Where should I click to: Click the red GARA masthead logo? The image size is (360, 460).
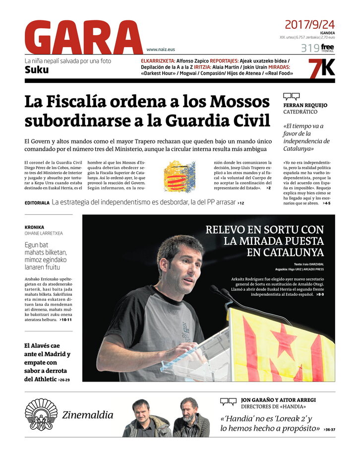pyautogui.click(x=83, y=38)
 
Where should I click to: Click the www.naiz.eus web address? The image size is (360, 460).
pyautogui.click(x=161, y=50)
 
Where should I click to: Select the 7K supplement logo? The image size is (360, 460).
pyautogui.click(x=321, y=67)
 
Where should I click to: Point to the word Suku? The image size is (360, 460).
pyautogui.click(x=37, y=70)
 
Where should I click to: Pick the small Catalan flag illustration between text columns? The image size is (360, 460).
pyautogui.click(x=180, y=176)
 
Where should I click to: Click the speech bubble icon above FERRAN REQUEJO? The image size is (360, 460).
pyautogui.click(x=291, y=97)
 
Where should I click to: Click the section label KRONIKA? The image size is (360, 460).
pyautogui.click(x=34, y=227)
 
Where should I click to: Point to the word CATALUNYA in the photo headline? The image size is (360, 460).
pyautogui.click(x=293, y=253)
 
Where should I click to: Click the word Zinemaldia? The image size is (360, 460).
pyautogui.click(x=88, y=415)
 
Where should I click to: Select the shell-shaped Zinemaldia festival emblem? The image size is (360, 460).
pyautogui.click(x=41, y=414)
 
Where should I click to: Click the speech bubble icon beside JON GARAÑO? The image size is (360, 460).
pyautogui.click(x=228, y=401)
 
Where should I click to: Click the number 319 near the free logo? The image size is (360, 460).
pyautogui.click(x=309, y=48)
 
